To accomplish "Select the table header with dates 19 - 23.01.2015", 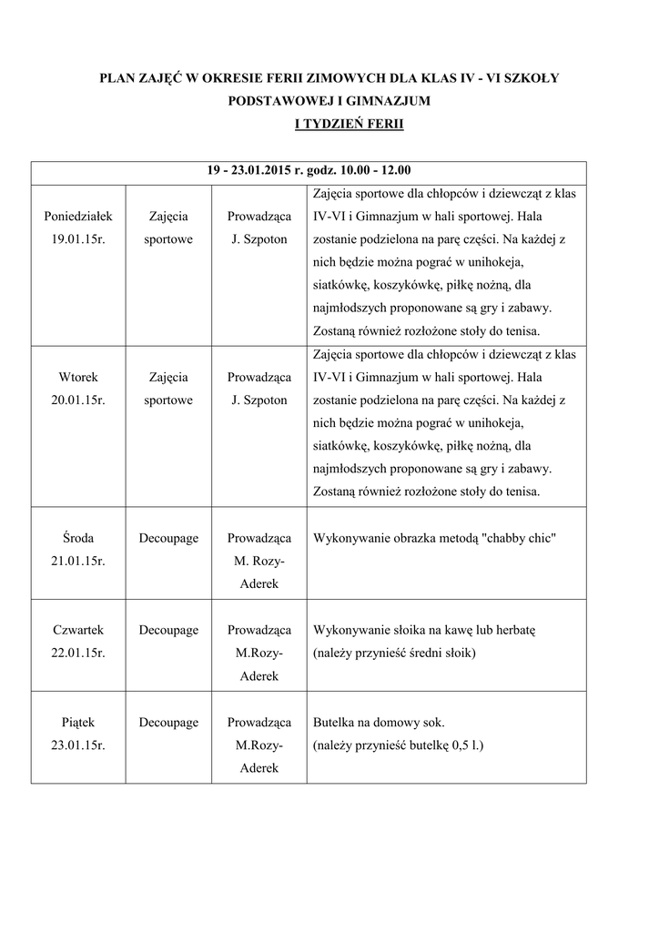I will click(x=309, y=170).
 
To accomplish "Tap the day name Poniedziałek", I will click(x=77, y=217).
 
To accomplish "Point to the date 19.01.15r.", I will click(x=77, y=239).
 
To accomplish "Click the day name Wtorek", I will click(x=77, y=378).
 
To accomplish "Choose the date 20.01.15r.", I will click(x=77, y=400).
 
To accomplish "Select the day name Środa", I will click(x=77, y=539).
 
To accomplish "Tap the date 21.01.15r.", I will click(x=77, y=562).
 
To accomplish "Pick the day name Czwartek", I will click(x=77, y=631).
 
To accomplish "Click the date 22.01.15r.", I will click(x=77, y=653).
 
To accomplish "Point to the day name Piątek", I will click(x=77, y=723).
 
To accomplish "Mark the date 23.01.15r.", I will click(x=77, y=745).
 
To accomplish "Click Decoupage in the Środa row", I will click(x=168, y=539).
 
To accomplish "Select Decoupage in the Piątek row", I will click(x=168, y=723).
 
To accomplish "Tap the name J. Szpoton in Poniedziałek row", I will click(x=259, y=239).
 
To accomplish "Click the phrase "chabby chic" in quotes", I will click(x=517, y=539).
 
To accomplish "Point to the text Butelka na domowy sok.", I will click(x=379, y=723).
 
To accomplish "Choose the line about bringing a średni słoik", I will click(x=394, y=653).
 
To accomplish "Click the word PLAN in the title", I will click(x=117, y=79).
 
